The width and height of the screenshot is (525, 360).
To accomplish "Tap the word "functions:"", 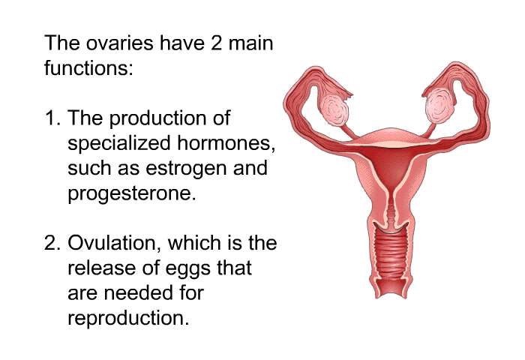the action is (x=88, y=67).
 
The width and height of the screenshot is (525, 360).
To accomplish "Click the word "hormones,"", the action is (x=226, y=143).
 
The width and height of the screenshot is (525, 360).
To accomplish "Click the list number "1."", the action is (x=53, y=118).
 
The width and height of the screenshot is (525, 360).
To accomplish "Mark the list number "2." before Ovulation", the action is (x=53, y=243).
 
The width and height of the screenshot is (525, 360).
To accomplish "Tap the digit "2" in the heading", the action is (x=216, y=43).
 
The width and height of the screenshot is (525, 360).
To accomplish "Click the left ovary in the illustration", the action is (x=334, y=109).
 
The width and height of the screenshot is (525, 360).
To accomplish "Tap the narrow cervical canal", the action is (x=391, y=209).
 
